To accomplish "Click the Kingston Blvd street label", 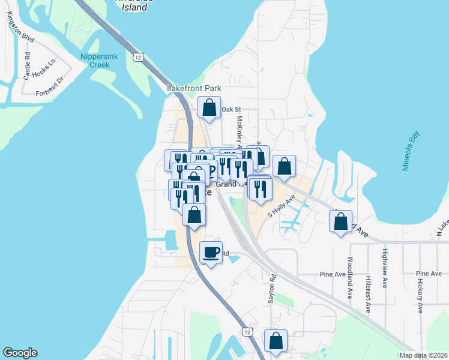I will point(21,28).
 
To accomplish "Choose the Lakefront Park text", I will point(194,88).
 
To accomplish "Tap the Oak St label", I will point(231,110).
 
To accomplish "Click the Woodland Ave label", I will point(350,278).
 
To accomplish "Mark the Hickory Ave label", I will point(421,295).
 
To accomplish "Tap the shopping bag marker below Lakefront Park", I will point(209,109).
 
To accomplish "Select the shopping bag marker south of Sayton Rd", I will point(276,341).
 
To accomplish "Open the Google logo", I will point(20,353).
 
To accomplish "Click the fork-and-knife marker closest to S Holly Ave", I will point(261,190).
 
